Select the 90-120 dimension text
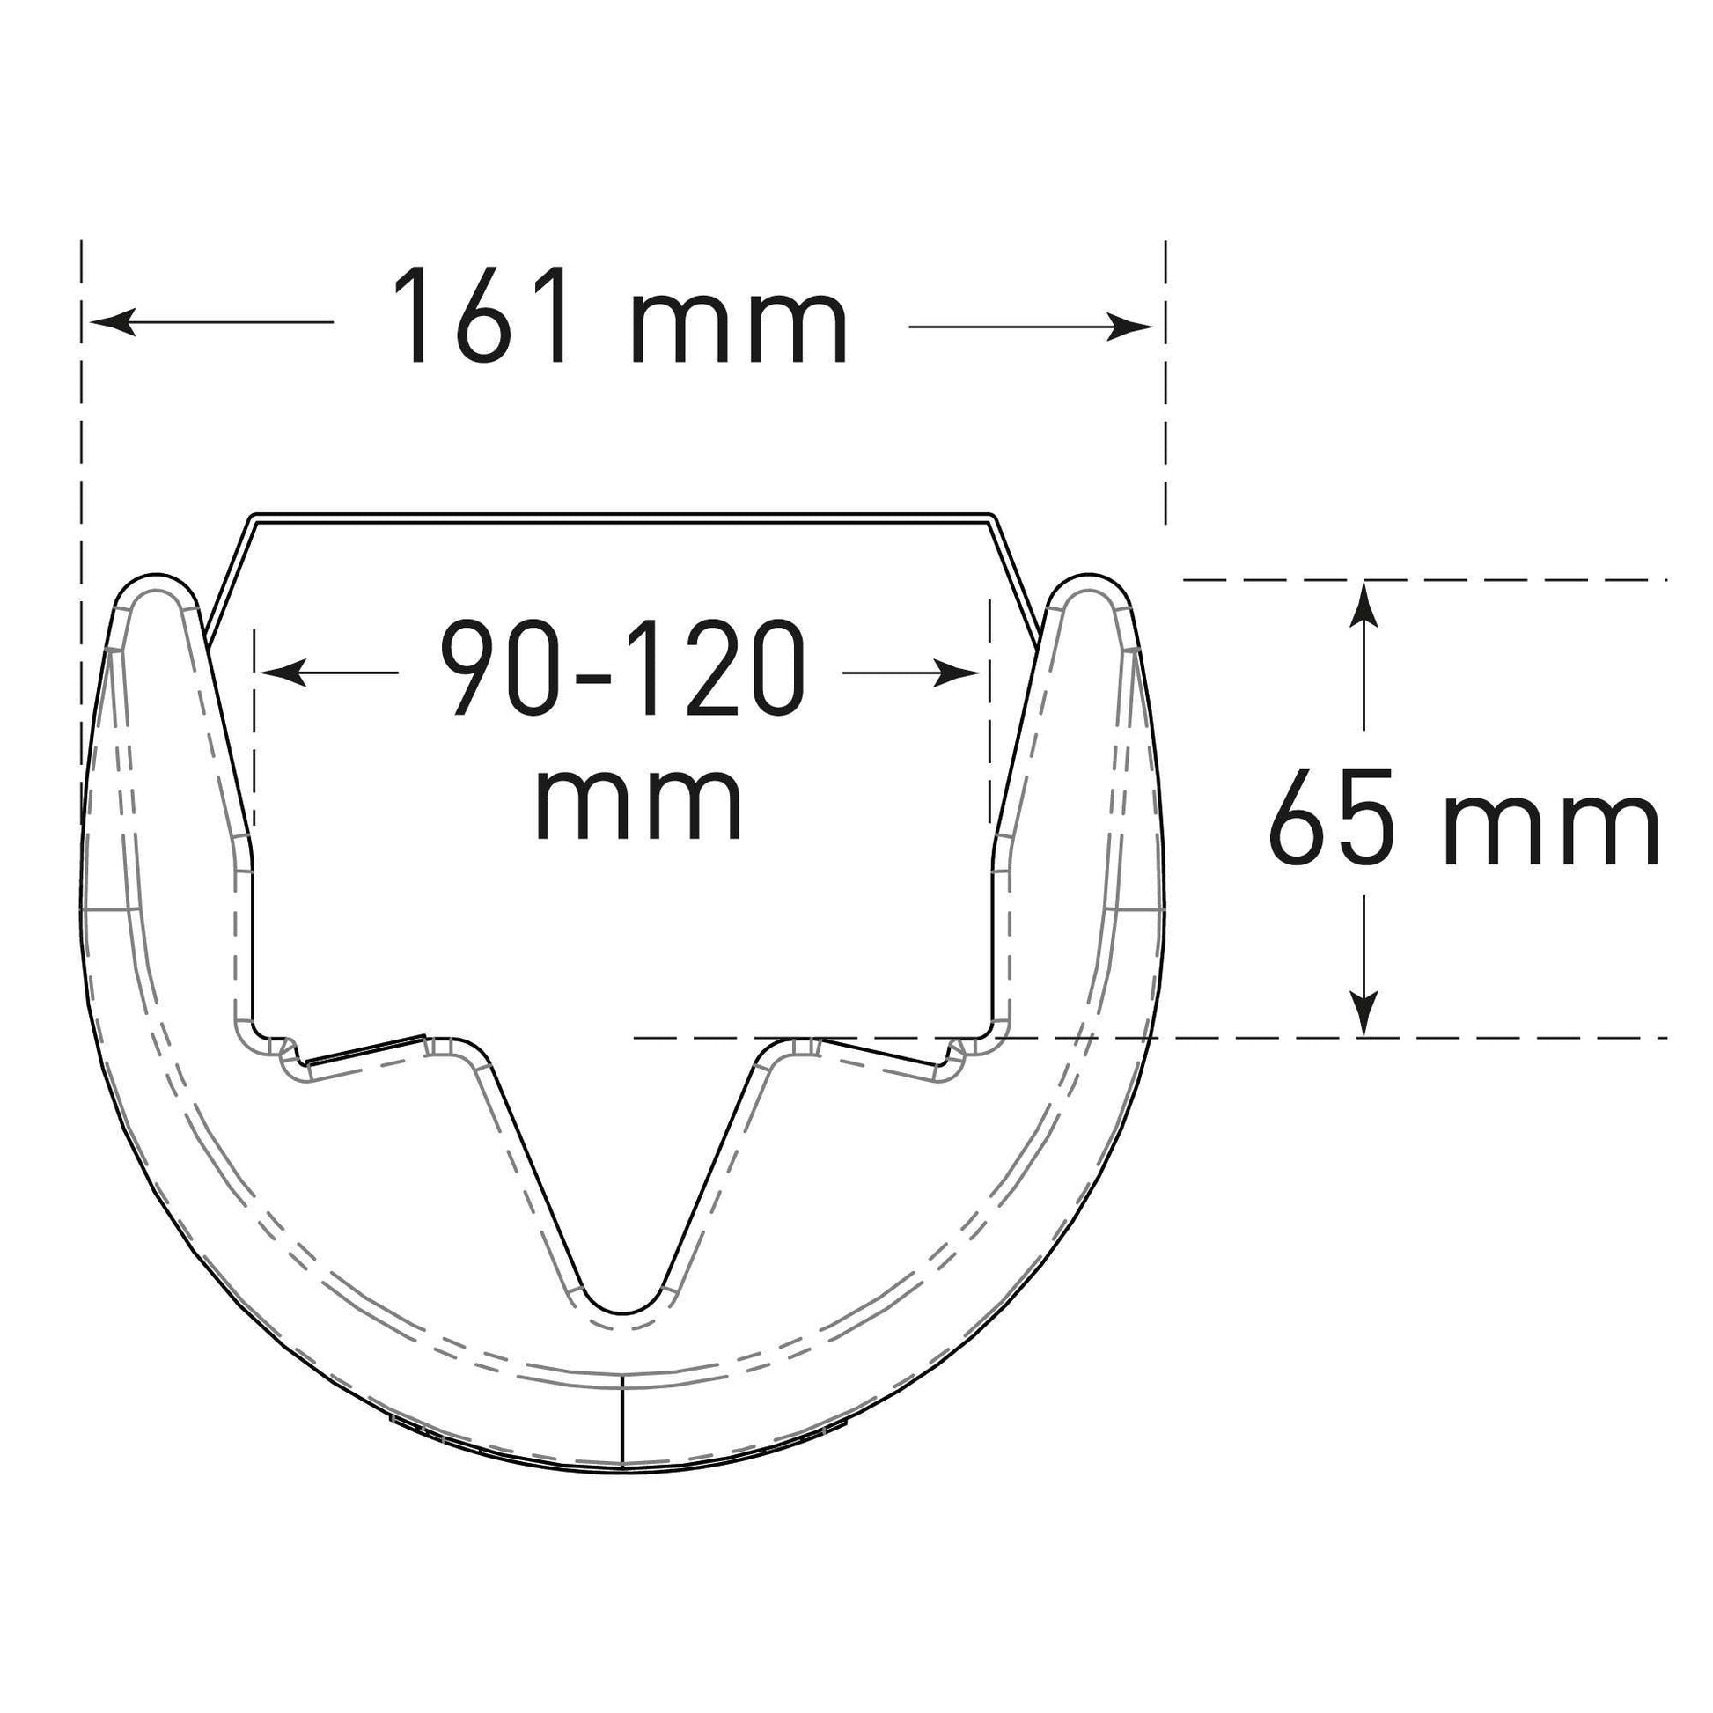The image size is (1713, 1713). tap(623, 668)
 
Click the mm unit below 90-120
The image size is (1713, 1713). tap(638, 804)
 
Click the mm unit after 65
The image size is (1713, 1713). tap(1552, 827)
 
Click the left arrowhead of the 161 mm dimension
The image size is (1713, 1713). tap(112, 322)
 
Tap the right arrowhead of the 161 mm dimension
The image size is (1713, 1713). tap(1130, 327)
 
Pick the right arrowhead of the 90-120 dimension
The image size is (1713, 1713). tap(956, 673)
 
